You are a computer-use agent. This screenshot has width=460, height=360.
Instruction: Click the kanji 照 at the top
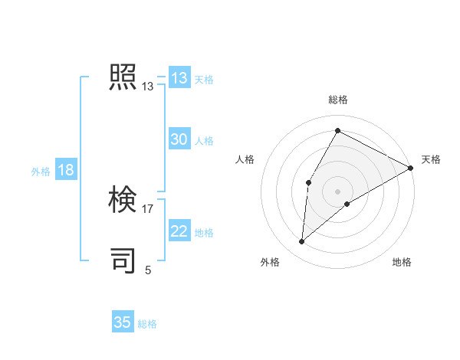[x=123, y=78]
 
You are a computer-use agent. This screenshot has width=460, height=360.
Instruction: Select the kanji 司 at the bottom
[x=123, y=260]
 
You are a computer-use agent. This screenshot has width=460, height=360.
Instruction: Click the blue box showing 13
[x=179, y=78]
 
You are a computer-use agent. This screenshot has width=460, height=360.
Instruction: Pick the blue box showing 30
[x=179, y=139]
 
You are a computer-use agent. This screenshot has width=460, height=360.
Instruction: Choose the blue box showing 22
[x=179, y=231]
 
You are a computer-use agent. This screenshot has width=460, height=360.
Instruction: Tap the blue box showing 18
[x=65, y=170]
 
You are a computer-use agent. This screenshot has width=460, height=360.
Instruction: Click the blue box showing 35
[x=123, y=322]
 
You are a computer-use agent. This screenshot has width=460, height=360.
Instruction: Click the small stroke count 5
[x=148, y=270]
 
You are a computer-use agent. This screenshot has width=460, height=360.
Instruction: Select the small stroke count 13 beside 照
[x=148, y=87]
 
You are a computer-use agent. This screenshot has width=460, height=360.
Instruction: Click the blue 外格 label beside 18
[x=41, y=172]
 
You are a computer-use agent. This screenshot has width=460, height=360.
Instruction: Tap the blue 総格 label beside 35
[x=147, y=324]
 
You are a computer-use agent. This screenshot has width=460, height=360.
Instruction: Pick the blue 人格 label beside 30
[x=204, y=141]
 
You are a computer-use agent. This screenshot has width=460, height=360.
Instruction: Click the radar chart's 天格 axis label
[x=431, y=159]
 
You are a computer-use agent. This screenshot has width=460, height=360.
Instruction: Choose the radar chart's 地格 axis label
[x=402, y=262]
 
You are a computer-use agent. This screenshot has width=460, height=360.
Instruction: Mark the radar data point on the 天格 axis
[x=410, y=168]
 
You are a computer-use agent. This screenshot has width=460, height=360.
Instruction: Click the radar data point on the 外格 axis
[x=302, y=242]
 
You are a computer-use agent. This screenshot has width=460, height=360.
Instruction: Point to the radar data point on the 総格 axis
[x=337, y=130]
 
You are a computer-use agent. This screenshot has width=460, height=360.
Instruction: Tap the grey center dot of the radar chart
[x=337, y=191]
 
